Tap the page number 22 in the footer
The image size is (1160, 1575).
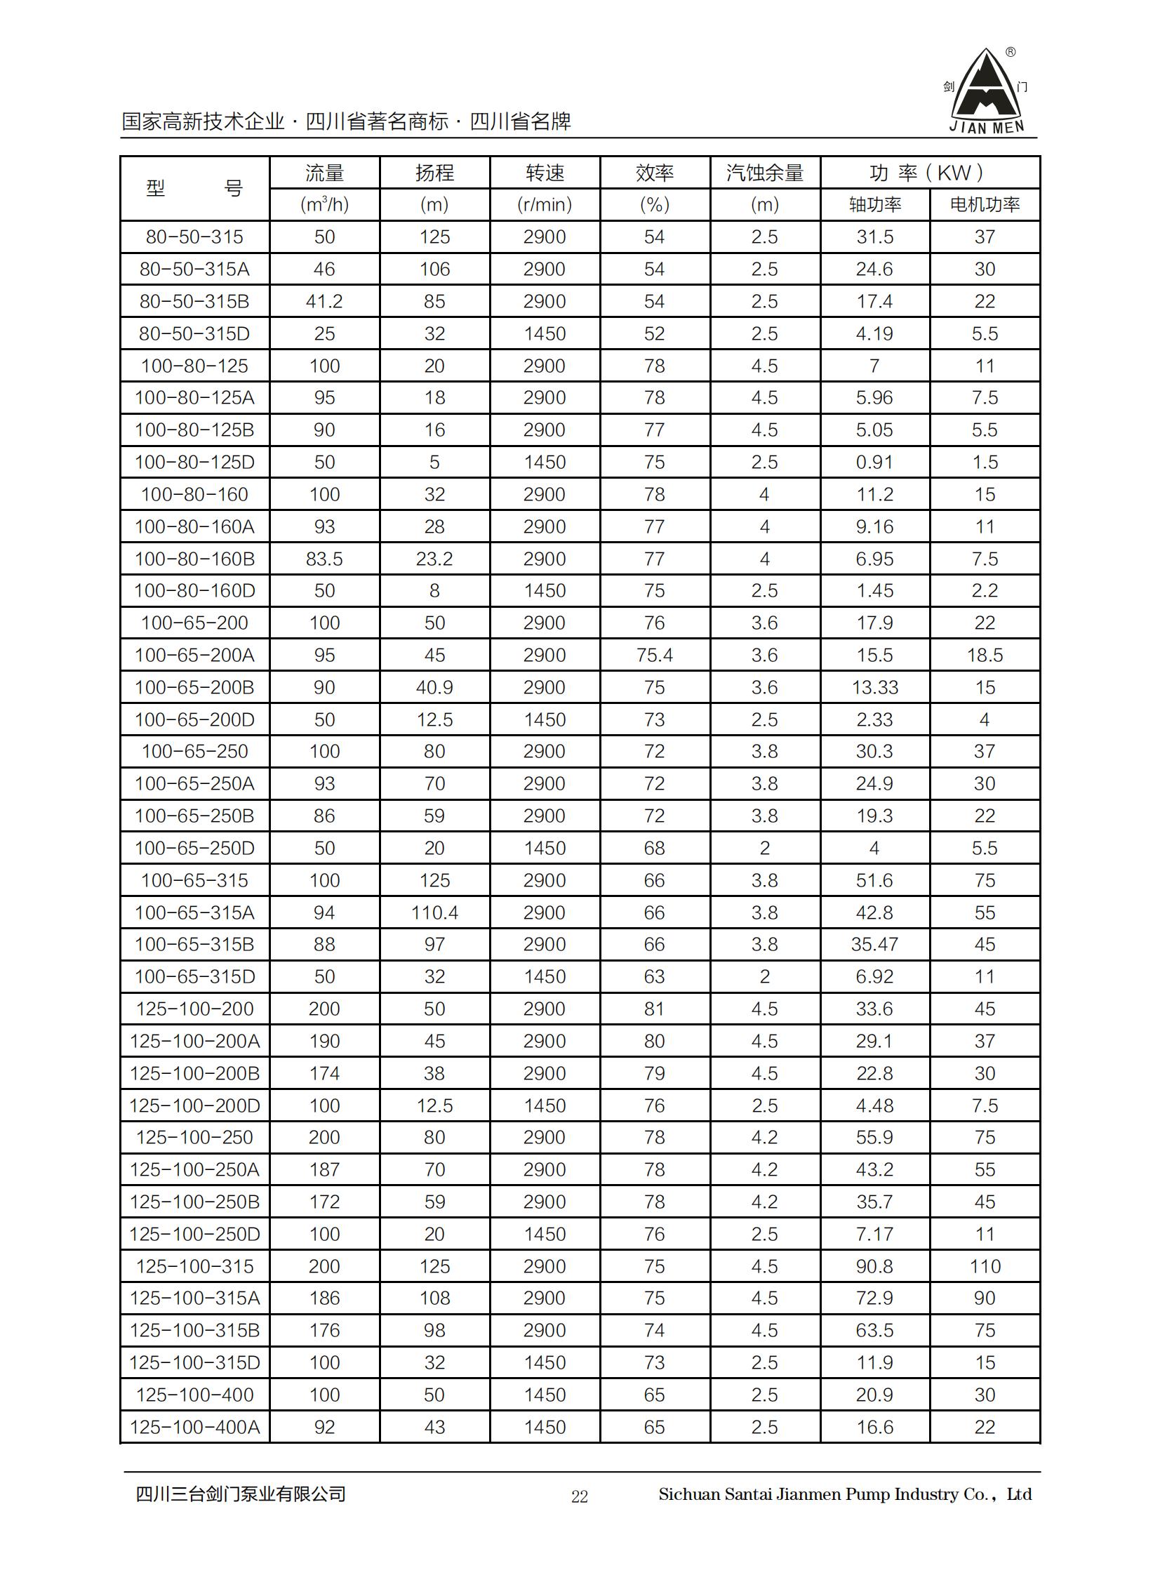pos(579,1496)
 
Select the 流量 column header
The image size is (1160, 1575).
pos(324,173)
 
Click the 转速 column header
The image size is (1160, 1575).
pos(545,173)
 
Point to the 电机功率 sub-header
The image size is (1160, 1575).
pos(985,204)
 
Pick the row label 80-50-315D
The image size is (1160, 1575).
pos(194,333)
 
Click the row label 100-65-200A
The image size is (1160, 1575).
pos(194,655)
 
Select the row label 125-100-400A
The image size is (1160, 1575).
pos(194,1427)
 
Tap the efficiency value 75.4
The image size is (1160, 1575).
pos(655,655)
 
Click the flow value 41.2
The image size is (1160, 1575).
pos(324,301)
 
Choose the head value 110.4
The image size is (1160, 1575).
pos(434,913)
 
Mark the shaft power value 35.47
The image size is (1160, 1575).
pos(874,945)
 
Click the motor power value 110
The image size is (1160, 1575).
pos(985,1267)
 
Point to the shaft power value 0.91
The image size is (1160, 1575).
pos(874,462)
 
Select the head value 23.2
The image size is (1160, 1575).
pos(434,559)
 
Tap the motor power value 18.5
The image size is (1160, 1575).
pos(985,655)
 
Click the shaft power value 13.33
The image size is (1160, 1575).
pos(874,687)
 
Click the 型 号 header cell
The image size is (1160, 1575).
pos(194,188)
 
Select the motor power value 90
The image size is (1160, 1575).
pos(985,1298)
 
